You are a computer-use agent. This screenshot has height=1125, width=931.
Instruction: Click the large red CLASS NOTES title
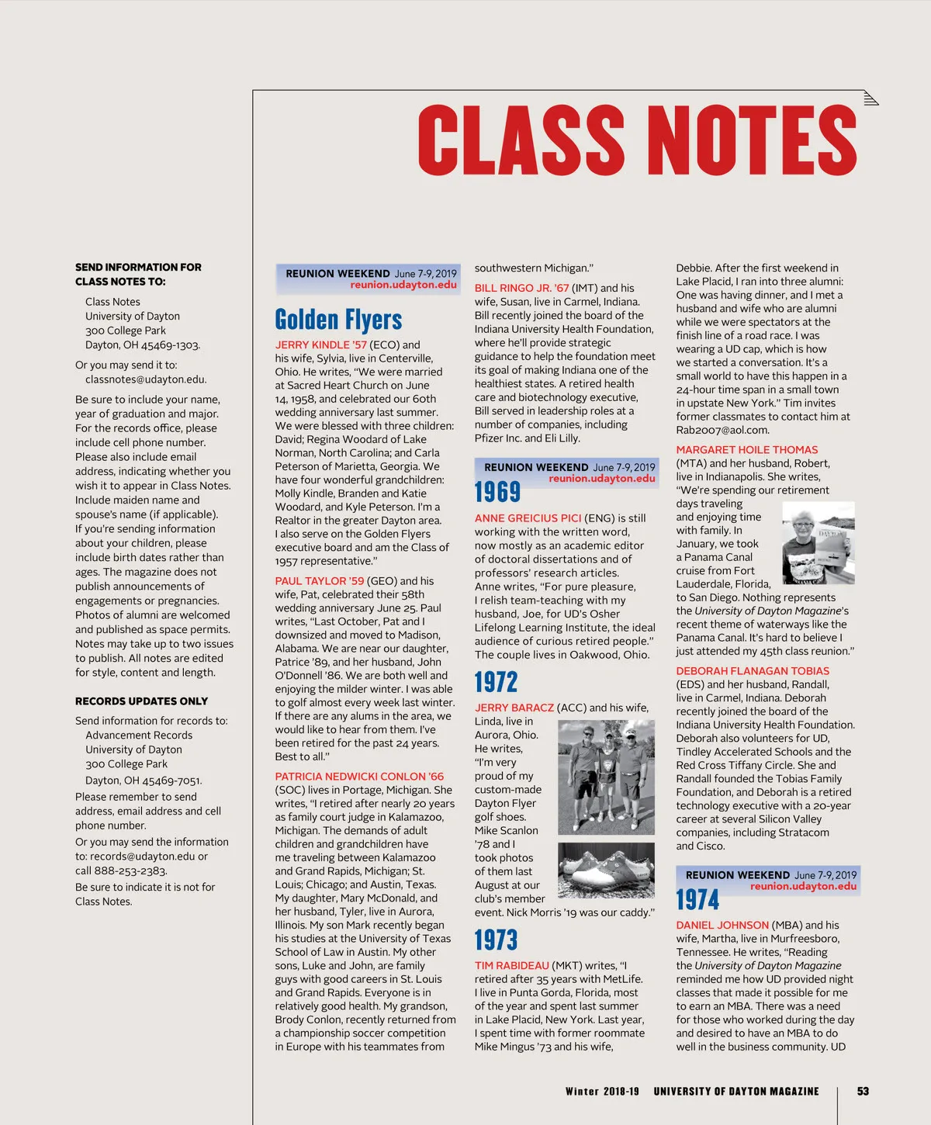636,140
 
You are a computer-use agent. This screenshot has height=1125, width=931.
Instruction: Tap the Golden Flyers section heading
338,320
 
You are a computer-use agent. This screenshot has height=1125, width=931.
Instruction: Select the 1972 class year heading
496,683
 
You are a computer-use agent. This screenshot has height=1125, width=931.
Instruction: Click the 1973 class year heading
496,940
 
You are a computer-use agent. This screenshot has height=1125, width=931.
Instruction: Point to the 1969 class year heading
497,492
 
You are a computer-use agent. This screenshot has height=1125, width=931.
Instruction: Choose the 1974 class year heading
697,899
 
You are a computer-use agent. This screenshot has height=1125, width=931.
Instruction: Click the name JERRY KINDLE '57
320,344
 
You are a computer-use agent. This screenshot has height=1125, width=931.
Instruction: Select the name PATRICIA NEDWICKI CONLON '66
359,777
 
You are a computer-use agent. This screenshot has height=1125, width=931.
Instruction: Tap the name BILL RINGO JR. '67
521,288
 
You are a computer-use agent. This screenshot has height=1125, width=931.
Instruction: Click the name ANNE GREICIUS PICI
528,518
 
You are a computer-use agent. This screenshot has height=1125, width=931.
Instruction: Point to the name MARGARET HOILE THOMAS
746,450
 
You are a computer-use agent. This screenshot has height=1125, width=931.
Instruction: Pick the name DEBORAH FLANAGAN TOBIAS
753,671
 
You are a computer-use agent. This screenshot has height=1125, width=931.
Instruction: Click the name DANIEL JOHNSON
722,925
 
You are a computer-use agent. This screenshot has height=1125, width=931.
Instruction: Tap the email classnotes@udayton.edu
146,379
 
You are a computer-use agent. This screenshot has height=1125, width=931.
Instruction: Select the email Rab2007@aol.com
722,430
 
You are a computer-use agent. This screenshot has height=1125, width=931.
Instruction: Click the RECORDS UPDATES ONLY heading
141,701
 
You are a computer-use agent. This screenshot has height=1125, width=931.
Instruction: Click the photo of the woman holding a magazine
818,543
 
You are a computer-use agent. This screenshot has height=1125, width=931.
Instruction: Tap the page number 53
863,1091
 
